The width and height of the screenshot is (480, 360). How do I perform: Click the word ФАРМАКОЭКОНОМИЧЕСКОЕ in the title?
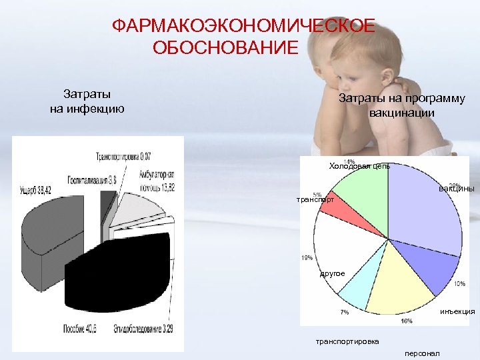point(243,27)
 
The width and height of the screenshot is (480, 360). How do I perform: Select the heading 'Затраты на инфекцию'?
point(87,101)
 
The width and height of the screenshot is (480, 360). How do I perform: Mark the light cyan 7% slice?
point(360,290)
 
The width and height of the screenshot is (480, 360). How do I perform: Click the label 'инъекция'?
point(457,311)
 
